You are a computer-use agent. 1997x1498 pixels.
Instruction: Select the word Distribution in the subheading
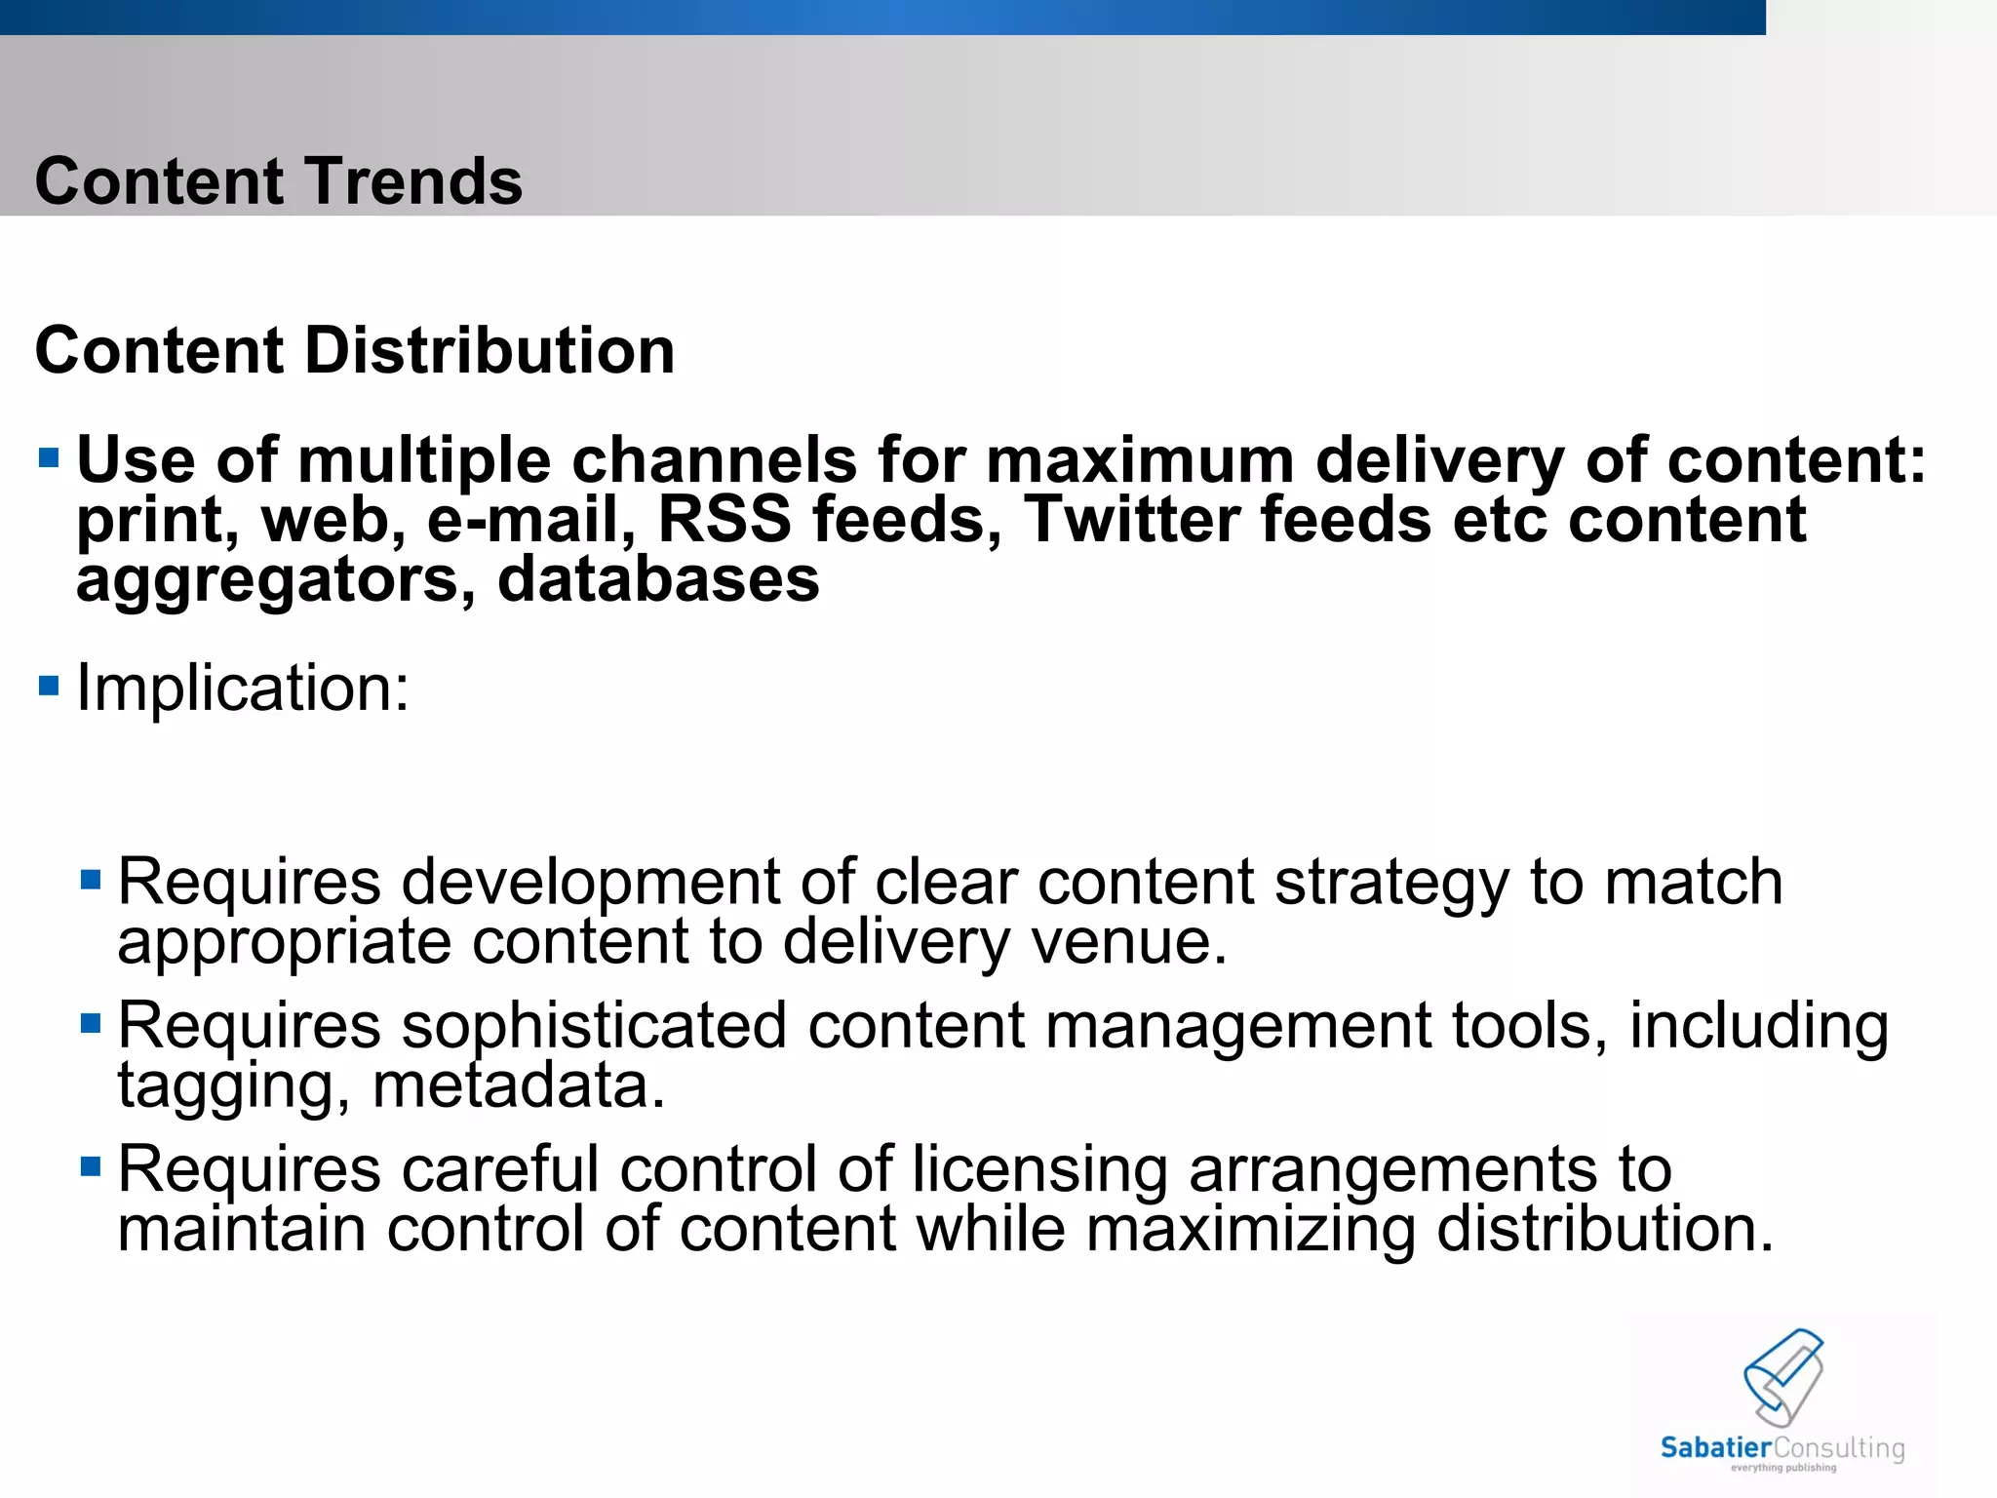point(489,350)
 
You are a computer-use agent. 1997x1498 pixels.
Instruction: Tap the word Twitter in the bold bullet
point(1131,519)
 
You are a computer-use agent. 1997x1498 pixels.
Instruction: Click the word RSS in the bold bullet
point(724,519)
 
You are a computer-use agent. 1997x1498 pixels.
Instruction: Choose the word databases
point(658,579)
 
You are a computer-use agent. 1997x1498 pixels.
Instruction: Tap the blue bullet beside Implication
point(49,685)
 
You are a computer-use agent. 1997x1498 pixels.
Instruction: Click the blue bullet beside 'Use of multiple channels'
point(49,456)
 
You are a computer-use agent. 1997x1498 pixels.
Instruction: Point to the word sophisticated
point(594,1027)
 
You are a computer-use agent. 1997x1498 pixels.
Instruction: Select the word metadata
point(519,1085)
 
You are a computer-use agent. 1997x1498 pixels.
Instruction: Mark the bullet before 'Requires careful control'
point(91,1165)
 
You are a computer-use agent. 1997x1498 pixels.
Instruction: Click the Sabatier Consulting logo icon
point(1783,1377)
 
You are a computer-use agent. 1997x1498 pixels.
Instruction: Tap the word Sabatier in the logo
point(1715,1447)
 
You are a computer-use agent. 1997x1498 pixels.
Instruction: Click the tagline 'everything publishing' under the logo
point(1783,1468)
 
